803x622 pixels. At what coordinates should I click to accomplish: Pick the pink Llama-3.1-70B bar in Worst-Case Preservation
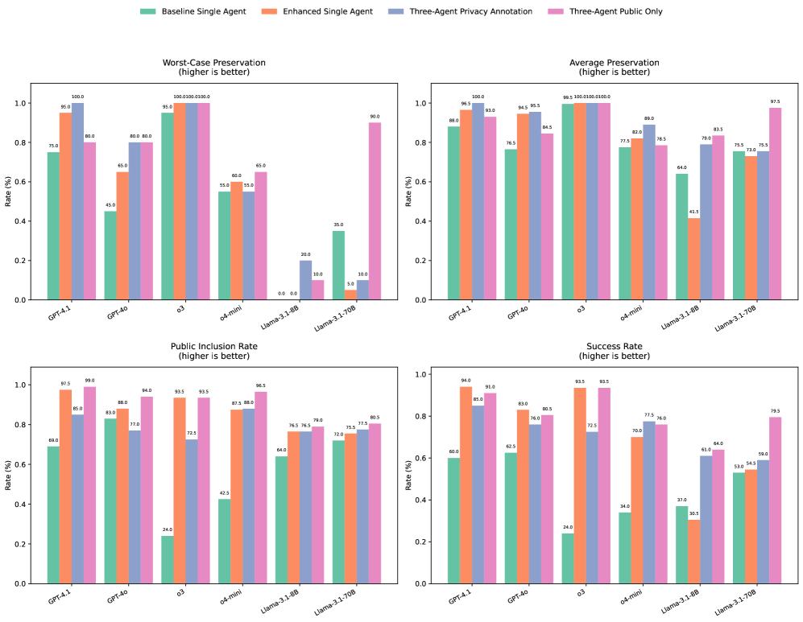tap(375, 211)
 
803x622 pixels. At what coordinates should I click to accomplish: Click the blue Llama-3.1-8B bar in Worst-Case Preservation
tap(305, 280)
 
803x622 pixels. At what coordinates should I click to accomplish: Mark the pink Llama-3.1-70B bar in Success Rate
tap(775, 500)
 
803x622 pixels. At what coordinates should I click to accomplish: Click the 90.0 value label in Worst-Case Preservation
tap(375, 116)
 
